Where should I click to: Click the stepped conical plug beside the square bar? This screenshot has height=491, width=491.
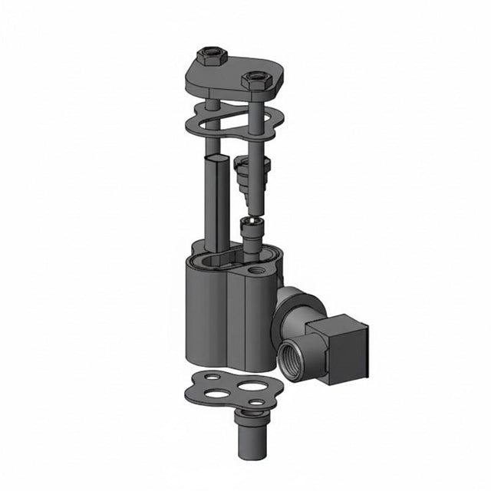(x=252, y=176)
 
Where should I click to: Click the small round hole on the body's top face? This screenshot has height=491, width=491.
(x=255, y=272)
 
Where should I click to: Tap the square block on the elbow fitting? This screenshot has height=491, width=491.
(x=341, y=349)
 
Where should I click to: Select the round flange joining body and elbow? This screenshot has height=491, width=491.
(x=285, y=307)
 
